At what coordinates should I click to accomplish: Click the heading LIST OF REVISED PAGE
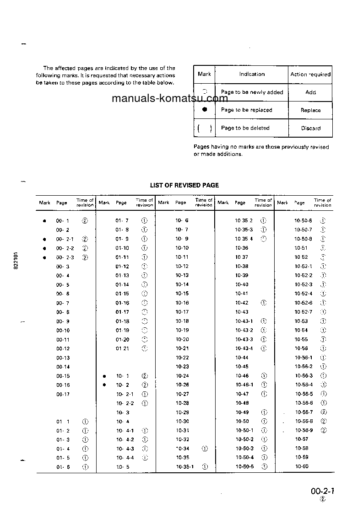184,185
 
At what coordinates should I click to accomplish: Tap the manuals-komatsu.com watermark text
169,98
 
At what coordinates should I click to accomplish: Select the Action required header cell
310,74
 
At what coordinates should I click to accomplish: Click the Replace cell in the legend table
310,110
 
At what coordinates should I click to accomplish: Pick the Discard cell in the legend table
310,128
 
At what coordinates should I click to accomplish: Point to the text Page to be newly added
252,92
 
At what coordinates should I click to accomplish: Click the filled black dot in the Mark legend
205,110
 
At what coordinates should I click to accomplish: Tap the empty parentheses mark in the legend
205,128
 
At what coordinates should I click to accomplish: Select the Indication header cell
252,74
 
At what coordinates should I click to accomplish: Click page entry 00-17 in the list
63,394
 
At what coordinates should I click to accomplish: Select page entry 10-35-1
185,467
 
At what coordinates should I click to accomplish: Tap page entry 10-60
302,466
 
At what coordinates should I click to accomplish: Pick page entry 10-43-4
244,348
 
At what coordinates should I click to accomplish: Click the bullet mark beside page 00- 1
44,220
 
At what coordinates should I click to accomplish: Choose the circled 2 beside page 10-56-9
324,430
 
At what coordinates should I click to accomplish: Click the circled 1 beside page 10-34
204,449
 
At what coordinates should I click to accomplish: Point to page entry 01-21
122,348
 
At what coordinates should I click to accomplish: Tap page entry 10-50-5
244,467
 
